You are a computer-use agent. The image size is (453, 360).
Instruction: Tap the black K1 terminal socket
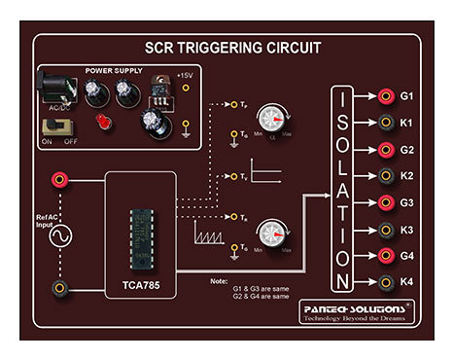tap(386, 123)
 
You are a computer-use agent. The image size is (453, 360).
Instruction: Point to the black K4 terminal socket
tap(386, 283)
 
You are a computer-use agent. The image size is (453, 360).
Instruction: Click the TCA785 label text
tap(139, 289)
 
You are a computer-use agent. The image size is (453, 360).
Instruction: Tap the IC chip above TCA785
tap(140, 234)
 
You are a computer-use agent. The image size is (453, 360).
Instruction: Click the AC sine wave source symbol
tap(60, 236)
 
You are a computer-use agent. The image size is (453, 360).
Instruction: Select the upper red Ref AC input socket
tap(60, 179)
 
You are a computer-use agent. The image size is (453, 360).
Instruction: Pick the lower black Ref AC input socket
tap(60, 287)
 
